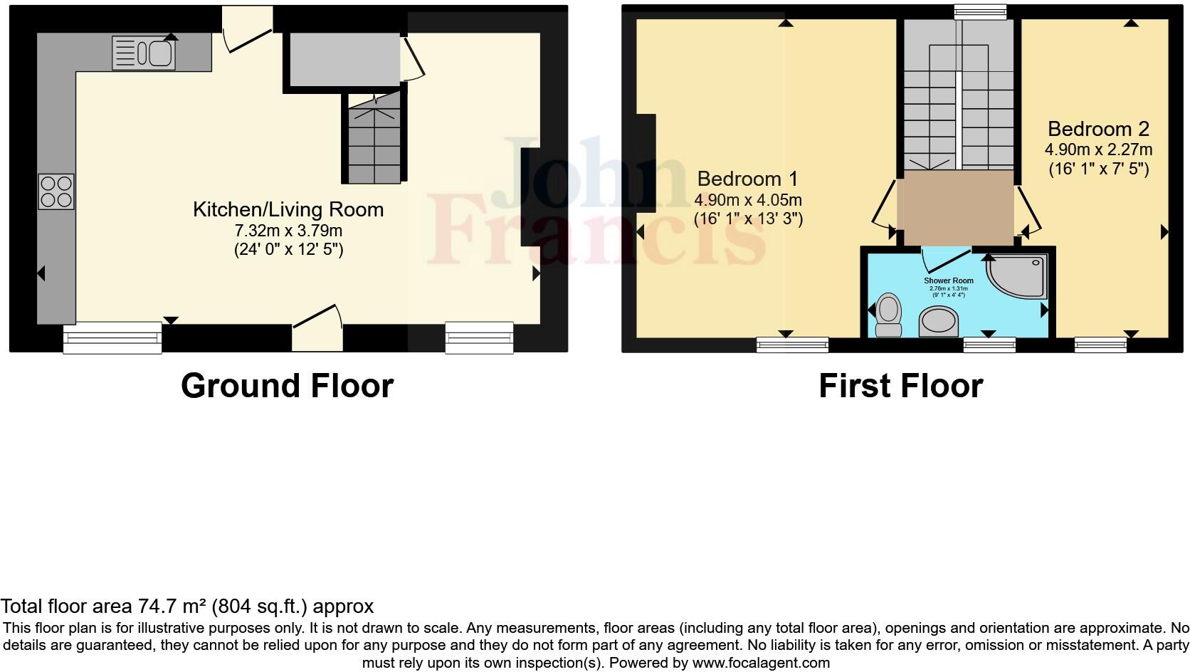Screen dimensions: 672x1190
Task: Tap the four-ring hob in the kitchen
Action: (56, 191)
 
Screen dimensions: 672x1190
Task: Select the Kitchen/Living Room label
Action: (288, 209)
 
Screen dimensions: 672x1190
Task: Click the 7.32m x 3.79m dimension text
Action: (288, 231)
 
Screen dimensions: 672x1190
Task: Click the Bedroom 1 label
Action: (747, 178)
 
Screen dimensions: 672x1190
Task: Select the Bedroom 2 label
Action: (1098, 129)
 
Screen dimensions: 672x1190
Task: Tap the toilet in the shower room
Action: (888, 315)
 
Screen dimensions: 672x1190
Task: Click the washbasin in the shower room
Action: (939, 322)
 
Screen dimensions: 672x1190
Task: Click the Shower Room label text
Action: (948, 280)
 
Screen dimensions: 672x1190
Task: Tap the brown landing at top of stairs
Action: (955, 207)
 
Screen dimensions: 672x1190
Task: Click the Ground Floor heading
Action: (287, 386)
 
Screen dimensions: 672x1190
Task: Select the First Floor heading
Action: (900, 386)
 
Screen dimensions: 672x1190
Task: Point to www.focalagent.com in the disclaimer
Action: (761, 663)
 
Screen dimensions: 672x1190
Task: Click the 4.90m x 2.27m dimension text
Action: (1098, 150)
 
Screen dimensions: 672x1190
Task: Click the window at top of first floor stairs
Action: (980, 11)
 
